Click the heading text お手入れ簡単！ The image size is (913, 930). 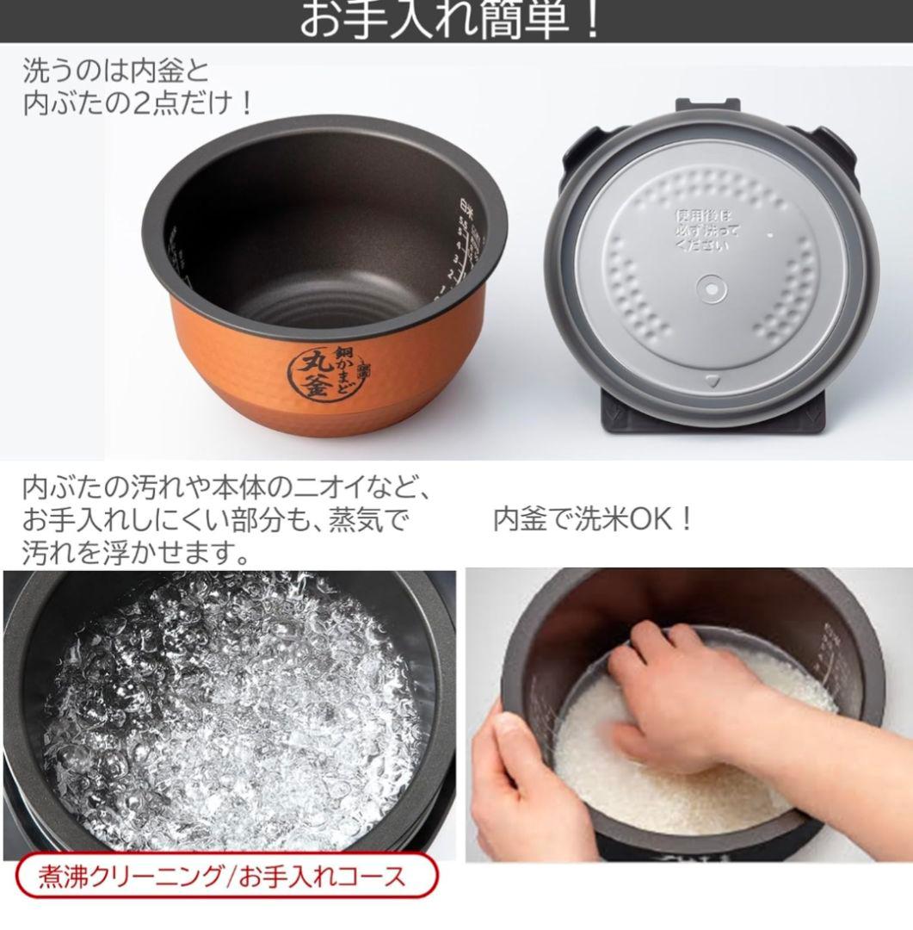point(451,19)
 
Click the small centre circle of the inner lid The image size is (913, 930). point(711,288)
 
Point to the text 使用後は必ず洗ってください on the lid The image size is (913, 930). point(705,230)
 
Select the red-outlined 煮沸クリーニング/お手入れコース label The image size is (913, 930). point(223,877)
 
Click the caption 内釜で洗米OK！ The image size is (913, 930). point(593,519)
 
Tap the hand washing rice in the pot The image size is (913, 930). point(688,697)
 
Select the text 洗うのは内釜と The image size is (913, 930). point(115,71)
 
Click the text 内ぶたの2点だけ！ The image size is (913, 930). point(138,103)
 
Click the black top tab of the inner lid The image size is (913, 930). point(707,105)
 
